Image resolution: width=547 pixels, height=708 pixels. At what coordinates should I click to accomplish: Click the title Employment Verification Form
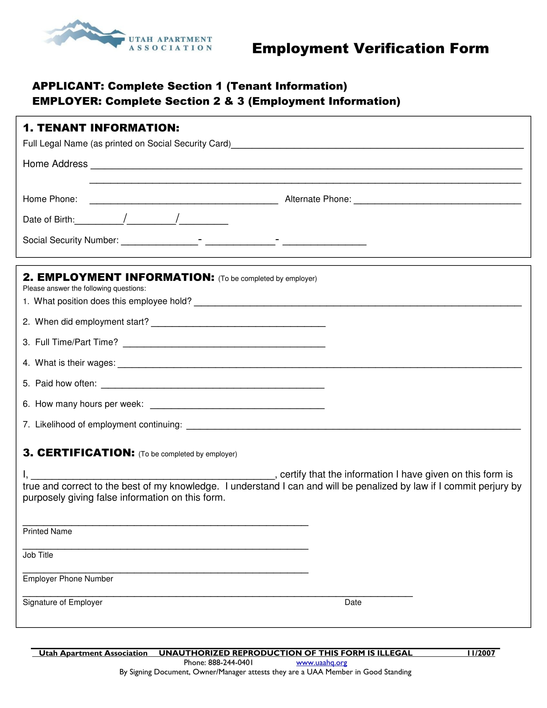click(370, 49)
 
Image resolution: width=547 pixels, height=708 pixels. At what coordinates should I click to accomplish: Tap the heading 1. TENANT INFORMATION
click(101, 128)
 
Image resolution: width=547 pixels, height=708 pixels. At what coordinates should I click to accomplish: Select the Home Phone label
click(50, 199)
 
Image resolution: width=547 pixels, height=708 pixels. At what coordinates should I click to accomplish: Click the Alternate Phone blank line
click(437, 200)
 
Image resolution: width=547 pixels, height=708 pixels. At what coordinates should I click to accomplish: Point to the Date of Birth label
click(49, 219)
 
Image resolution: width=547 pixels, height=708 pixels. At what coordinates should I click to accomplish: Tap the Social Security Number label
click(71, 240)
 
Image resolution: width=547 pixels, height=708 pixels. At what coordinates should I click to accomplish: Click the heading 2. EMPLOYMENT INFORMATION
click(119, 277)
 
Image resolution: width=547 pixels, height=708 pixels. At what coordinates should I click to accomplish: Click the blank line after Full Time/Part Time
click(224, 344)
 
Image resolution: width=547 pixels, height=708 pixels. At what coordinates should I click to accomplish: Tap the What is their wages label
click(75, 363)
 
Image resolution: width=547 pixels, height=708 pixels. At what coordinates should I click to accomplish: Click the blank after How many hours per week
click(237, 405)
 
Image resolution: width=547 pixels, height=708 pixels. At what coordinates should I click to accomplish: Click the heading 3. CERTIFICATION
click(79, 452)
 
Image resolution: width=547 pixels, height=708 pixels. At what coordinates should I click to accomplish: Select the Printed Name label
click(47, 531)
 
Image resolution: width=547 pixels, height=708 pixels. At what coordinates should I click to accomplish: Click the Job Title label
click(38, 555)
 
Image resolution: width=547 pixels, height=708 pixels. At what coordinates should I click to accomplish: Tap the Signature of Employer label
click(62, 602)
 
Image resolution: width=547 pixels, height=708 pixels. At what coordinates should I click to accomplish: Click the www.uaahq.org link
click(321, 663)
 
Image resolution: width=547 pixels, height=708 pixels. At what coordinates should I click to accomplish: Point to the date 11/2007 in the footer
click(481, 653)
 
